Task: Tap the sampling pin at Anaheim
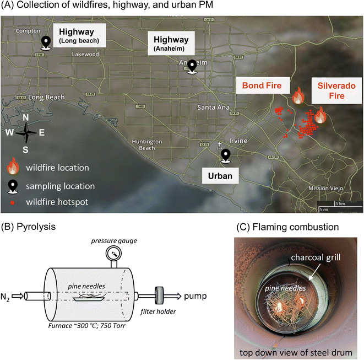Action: coord(192,66)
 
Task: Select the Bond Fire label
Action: coord(263,85)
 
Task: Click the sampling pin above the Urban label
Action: coord(225,157)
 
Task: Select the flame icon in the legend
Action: coord(14,167)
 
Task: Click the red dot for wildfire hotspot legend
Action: coord(14,202)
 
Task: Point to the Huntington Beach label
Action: coord(147,145)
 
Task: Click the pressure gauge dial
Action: coord(115,254)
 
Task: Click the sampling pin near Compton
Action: coord(47,42)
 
